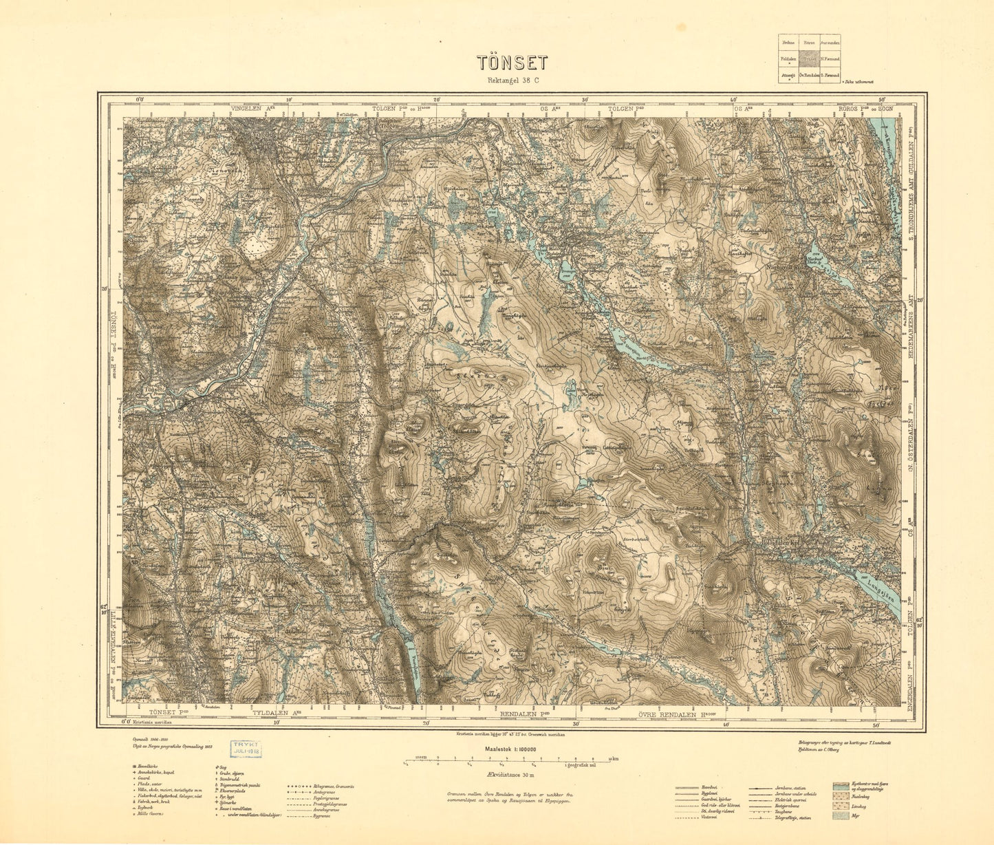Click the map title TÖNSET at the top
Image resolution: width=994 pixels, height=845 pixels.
click(x=512, y=63)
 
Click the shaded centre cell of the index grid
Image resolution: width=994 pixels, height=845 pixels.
click(x=809, y=59)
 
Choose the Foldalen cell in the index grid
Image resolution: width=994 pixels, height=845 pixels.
click(x=788, y=59)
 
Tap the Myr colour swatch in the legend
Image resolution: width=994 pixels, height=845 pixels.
click(x=839, y=816)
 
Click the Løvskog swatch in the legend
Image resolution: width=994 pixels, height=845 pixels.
click(x=839, y=806)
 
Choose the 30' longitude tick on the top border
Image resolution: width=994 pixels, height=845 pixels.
click(x=585, y=99)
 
